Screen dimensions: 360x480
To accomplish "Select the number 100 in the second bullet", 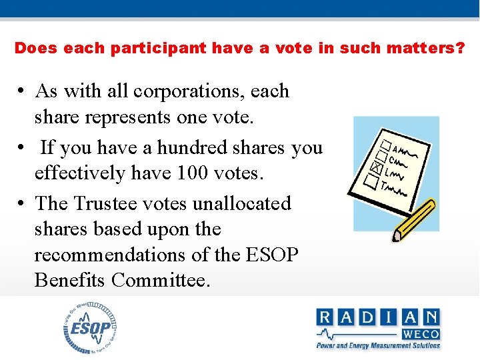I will (x=193, y=173).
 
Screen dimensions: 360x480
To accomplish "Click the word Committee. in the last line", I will (x=161, y=280).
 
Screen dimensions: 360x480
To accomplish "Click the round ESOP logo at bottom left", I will (x=91, y=327).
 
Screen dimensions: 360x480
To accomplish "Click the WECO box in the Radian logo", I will (x=420, y=333).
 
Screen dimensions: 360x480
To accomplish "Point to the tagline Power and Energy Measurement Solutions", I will (x=378, y=345).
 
